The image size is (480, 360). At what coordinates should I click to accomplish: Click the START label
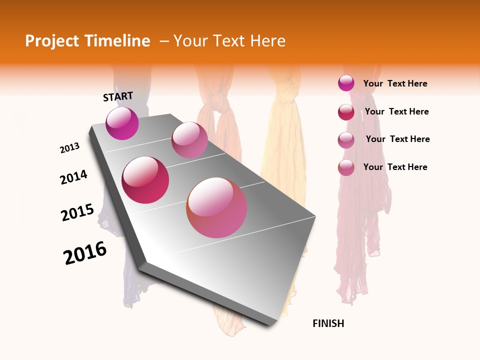pyautogui.click(x=118, y=96)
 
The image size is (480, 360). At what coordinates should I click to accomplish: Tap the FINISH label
pyautogui.click(x=328, y=323)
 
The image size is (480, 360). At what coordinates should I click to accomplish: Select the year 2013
pyautogui.click(x=69, y=148)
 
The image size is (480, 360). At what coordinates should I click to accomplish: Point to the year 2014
pyautogui.click(x=73, y=177)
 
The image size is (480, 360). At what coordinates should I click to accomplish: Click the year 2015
pyautogui.click(x=77, y=212)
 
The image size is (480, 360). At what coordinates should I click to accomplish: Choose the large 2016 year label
pyautogui.click(x=85, y=253)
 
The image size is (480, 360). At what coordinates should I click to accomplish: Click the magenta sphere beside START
pyautogui.click(x=122, y=123)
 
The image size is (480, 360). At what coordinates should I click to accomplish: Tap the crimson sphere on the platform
pyautogui.click(x=145, y=180)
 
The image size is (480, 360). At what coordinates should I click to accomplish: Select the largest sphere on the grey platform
pyautogui.click(x=216, y=207)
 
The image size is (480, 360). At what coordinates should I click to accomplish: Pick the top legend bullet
pyautogui.click(x=346, y=83)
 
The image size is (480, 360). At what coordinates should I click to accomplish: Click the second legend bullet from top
pyautogui.click(x=346, y=111)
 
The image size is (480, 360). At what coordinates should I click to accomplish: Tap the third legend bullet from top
pyautogui.click(x=346, y=139)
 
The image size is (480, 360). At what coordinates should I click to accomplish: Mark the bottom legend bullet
pyautogui.click(x=346, y=167)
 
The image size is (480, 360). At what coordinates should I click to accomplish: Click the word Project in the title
pyautogui.click(x=52, y=41)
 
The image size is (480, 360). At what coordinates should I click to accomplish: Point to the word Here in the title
pyautogui.click(x=267, y=41)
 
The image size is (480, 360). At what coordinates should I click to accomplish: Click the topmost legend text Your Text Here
pyautogui.click(x=395, y=83)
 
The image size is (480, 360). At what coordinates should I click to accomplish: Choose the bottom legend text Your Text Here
pyautogui.click(x=395, y=167)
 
